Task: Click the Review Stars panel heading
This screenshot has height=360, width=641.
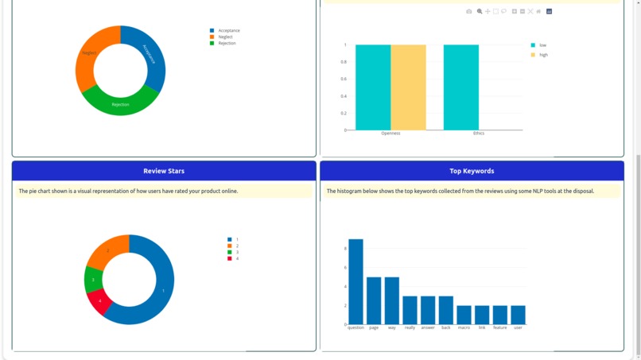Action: [164, 171]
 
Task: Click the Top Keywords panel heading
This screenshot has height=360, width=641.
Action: [472, 171]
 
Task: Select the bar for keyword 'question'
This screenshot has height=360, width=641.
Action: [355, 281]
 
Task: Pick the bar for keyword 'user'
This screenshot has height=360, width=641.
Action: [518, 315]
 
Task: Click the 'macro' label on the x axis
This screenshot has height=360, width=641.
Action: [464, 327]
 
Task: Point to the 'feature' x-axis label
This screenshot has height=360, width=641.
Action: [499, 327]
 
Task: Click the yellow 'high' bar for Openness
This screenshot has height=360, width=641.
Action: [408, 87]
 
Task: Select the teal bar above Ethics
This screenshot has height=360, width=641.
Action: [461, 87]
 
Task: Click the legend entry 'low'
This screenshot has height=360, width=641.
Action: [542, 45]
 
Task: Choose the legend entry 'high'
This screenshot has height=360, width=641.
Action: [543, 55]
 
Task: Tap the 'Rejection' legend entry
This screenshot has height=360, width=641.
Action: [227, 43]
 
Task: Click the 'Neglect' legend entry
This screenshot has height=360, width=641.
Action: [225, 37]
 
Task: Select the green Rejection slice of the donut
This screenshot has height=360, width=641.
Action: [120, 103]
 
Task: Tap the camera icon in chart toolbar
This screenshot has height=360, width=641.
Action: [469, 12]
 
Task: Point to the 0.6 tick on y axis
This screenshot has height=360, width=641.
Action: [344, 79]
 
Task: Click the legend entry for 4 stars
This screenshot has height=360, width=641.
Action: [236, 258]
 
